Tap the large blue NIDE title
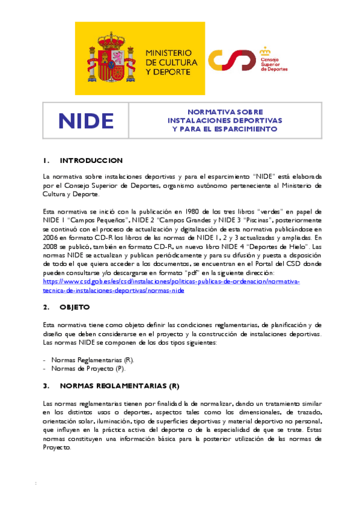point(86,121)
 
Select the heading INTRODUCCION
point(91,161)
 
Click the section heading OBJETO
point(75,307)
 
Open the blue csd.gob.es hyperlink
point(171,281)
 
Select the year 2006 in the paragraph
point(50,238)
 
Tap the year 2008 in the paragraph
point(50,247)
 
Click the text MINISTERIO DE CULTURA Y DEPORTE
point(169,62)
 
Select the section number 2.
point(46,307)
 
